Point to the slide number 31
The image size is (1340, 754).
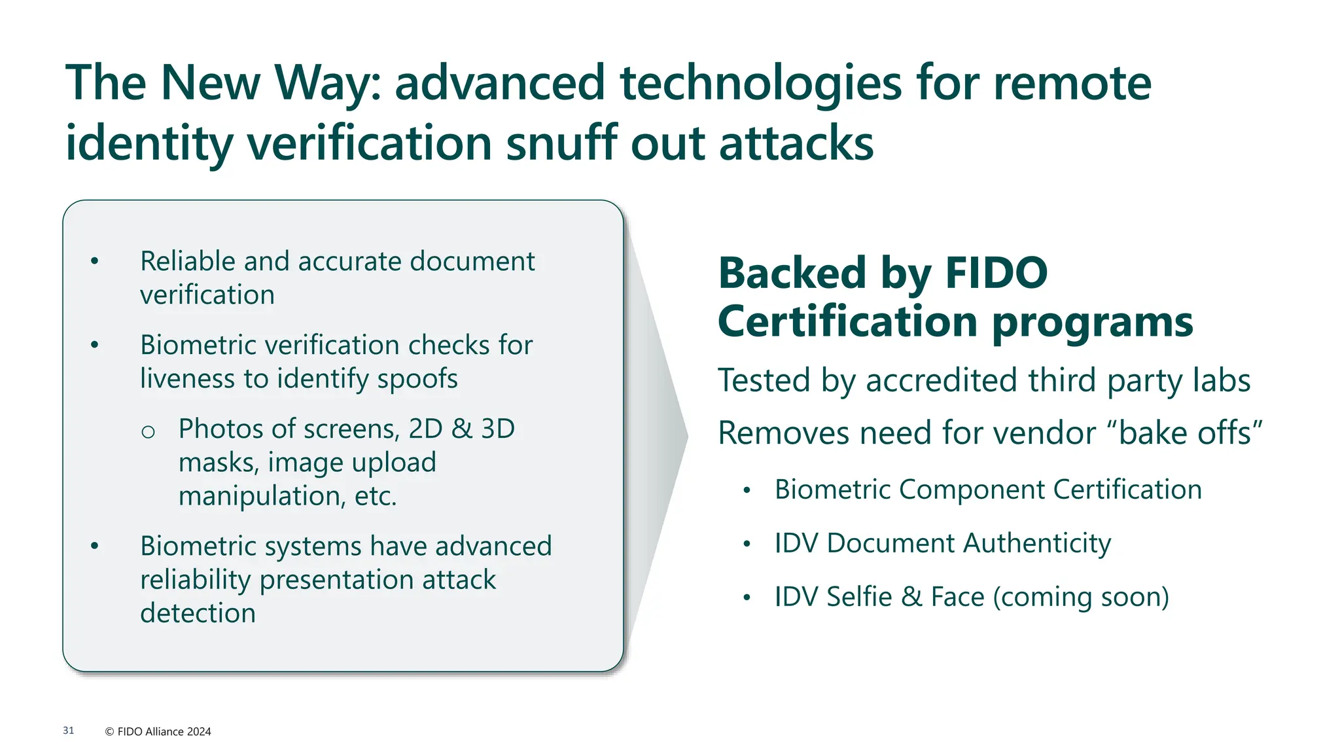coord(69,730)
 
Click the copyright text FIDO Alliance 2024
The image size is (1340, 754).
coord(158,732)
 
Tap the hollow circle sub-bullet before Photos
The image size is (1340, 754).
coord(149,431)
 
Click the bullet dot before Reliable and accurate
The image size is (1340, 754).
coord(95,261)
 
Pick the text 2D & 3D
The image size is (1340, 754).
coord(461,429)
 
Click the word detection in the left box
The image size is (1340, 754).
coord(198,613)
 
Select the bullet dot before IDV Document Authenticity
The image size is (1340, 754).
coord(747,544)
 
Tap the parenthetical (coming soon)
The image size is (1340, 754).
coord(1081,597)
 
